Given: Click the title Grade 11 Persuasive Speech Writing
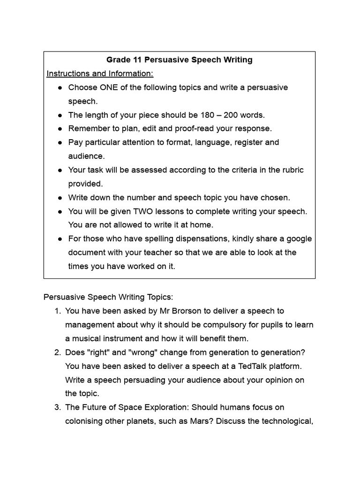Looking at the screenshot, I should pos(180,60).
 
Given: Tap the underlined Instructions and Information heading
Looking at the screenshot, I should pos(100,74).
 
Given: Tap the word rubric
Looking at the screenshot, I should pos(292,170).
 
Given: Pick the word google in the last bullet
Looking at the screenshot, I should pos(299,239).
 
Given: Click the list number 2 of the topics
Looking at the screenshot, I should pos(57,352).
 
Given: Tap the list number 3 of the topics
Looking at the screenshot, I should pos(57,407).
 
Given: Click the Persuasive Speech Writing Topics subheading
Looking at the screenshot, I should pos(108,297).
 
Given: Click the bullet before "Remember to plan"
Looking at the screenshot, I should pos(60,128).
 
